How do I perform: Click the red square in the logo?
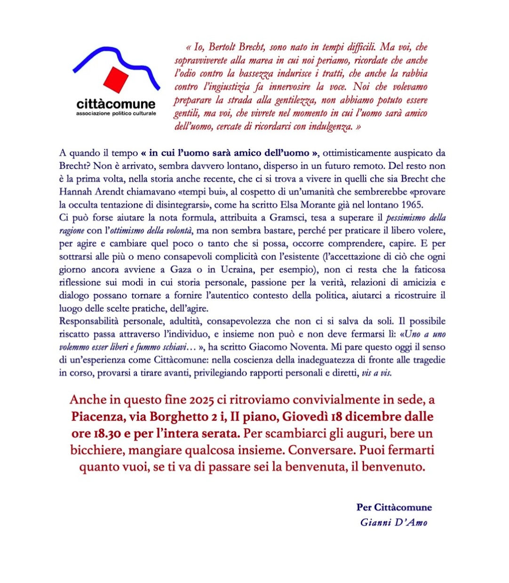pyautogui.click(x=116, y=80)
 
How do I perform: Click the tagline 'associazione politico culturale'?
pyautogui.click(x=116, y=114)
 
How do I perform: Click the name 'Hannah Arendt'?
pyautogui.click(x=87, y=192)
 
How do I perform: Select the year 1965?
pyautogui.click(x=413, y=205)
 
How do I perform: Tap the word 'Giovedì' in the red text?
pyautogui.click(x=304, y=417)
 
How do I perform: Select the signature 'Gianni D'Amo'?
pyautogui.click(x=394, y=522)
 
